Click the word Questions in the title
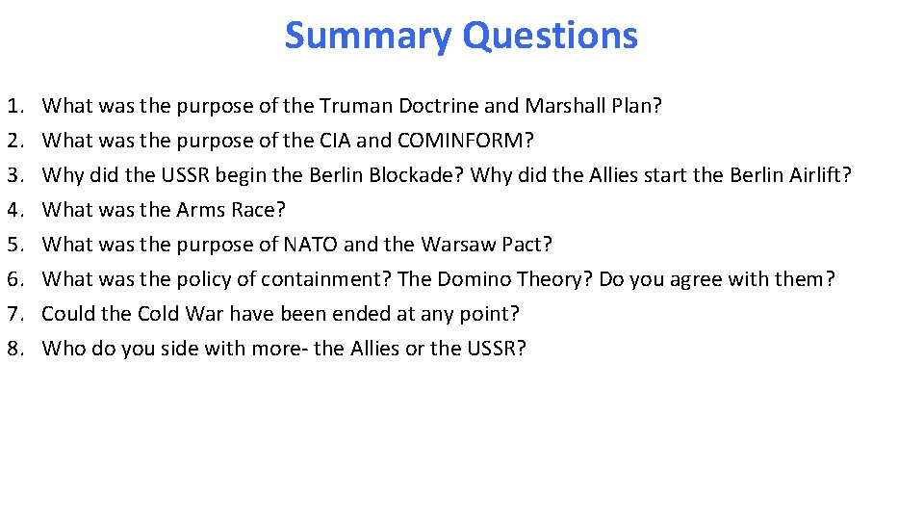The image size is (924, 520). tap(550, 37)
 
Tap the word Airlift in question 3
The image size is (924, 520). tap(817, 175)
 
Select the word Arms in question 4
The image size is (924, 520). tap(199, 210)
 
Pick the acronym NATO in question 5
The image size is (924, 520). tap(311, 245)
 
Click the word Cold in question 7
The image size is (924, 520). tap(159, 314)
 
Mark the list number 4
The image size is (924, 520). tap(14, 210)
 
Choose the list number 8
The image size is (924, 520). tap(14, 349)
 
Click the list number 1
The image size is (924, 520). tap(14, 106)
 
